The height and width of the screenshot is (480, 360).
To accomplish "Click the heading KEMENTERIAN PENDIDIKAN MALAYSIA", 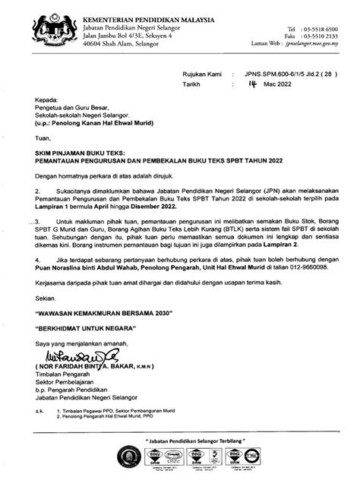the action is [147, 8].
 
